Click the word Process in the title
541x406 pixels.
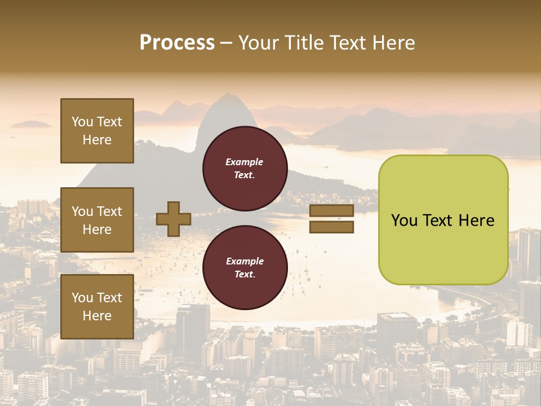click(x=177, y=43)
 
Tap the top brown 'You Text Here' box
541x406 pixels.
click(x=97, y=131)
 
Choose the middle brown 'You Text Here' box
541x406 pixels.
click(x=97, y=220)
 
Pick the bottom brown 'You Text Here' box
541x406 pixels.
click(x=97, y=307)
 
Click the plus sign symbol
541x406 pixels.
click(x=173, y=219)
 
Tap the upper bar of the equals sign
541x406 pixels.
click(x=331, y=211)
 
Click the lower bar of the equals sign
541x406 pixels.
click(x=331, y=227)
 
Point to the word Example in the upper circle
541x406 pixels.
click(x=244, y=162)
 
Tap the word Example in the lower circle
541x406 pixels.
click(x=245, y=261)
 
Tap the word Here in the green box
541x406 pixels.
click(x=476, y=220)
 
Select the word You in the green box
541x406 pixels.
click(x=404, y=220)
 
